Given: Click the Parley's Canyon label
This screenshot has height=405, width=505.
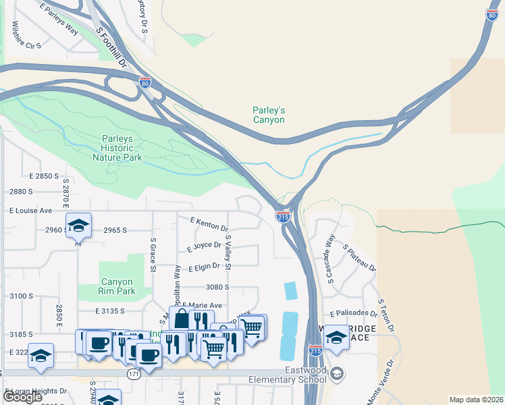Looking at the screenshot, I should click(x=269, y=115).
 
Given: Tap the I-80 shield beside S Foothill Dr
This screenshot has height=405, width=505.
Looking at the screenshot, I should click(x=145, y=82).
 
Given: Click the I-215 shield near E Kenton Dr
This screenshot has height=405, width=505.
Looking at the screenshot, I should click(x=283, y=217).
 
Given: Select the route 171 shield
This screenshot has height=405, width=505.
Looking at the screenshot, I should click(x=134, y=375).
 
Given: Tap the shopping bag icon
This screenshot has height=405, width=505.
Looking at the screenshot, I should click(x=182, y=320).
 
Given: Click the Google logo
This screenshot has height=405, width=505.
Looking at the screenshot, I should click(x=22, y=397).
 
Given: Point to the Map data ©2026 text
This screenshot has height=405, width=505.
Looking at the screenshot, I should click(x=476, y=399).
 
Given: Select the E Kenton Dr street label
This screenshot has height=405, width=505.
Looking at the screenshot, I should click(x=209, y=224).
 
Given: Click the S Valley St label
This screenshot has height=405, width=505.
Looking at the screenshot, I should click(x=228, y=252).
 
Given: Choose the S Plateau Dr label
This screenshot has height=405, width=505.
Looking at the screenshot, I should click(x=359, y=259).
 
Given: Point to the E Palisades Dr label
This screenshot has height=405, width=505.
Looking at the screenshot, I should click(x=353, y=314).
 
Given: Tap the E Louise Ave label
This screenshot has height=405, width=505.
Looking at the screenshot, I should click(x=31, y=211).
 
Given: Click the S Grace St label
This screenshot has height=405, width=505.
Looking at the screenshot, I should click(x=153, y=254).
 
